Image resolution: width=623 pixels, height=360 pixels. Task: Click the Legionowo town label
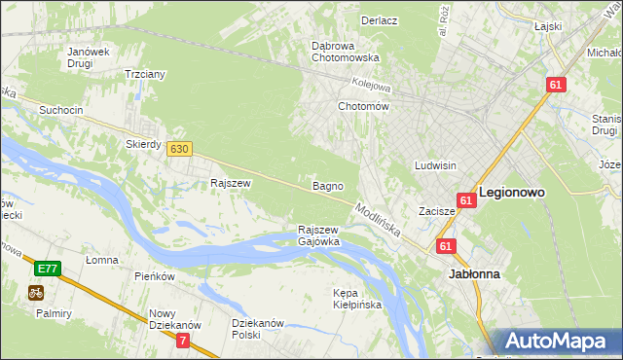(x=511, y=193)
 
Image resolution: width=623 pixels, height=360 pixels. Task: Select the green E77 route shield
(x=46, y=268)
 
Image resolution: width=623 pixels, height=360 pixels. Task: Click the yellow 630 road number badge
(x=178, y=149)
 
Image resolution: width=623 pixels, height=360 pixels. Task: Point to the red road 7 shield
(x=183, y=340)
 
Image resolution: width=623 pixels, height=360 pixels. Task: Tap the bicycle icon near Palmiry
(x=36, y=291)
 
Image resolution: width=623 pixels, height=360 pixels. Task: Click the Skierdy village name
(x=143, y=143)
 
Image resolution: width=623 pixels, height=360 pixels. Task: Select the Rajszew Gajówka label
(x=318, y=235)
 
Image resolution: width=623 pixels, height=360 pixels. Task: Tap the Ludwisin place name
(x=435, y=165)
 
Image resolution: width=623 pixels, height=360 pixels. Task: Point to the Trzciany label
(x=144, y=74)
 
